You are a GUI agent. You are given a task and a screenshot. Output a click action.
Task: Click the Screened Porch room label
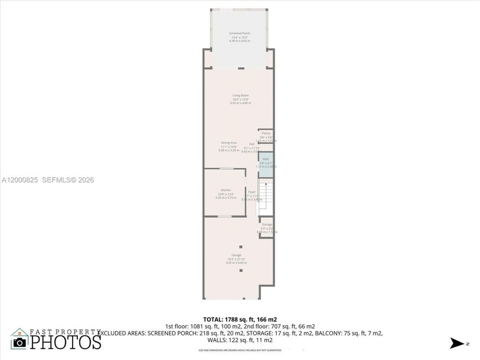[x=239, y=33]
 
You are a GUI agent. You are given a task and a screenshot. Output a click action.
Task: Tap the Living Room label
[x=241, y=95]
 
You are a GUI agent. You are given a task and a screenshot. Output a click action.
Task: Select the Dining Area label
[x=229, y=142]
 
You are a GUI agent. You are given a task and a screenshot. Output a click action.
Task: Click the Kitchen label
[x=226, y=190]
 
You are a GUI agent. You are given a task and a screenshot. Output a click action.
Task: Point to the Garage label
[x=236, y=255]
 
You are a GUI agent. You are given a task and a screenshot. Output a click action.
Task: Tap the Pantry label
[x=266, y=133]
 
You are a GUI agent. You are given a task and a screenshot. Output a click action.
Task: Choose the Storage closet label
[x=267, y=225]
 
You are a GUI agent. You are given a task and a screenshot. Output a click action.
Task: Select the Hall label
[x=251, y=144]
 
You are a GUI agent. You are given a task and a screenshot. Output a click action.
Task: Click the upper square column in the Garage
[x=241, y=246]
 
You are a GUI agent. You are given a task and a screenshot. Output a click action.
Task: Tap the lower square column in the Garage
[x=241, y=270]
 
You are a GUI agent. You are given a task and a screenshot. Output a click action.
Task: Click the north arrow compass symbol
[x=458, y=343]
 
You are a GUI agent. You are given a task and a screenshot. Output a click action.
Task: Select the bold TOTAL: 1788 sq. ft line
[x=240, y=319]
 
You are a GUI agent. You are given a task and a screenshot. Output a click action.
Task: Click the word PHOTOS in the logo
[x=65, y=341]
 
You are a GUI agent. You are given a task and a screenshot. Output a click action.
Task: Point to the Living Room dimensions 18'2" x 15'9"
[x=241, y=99]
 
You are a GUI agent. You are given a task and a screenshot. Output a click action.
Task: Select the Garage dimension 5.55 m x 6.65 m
[x=236, y=262]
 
